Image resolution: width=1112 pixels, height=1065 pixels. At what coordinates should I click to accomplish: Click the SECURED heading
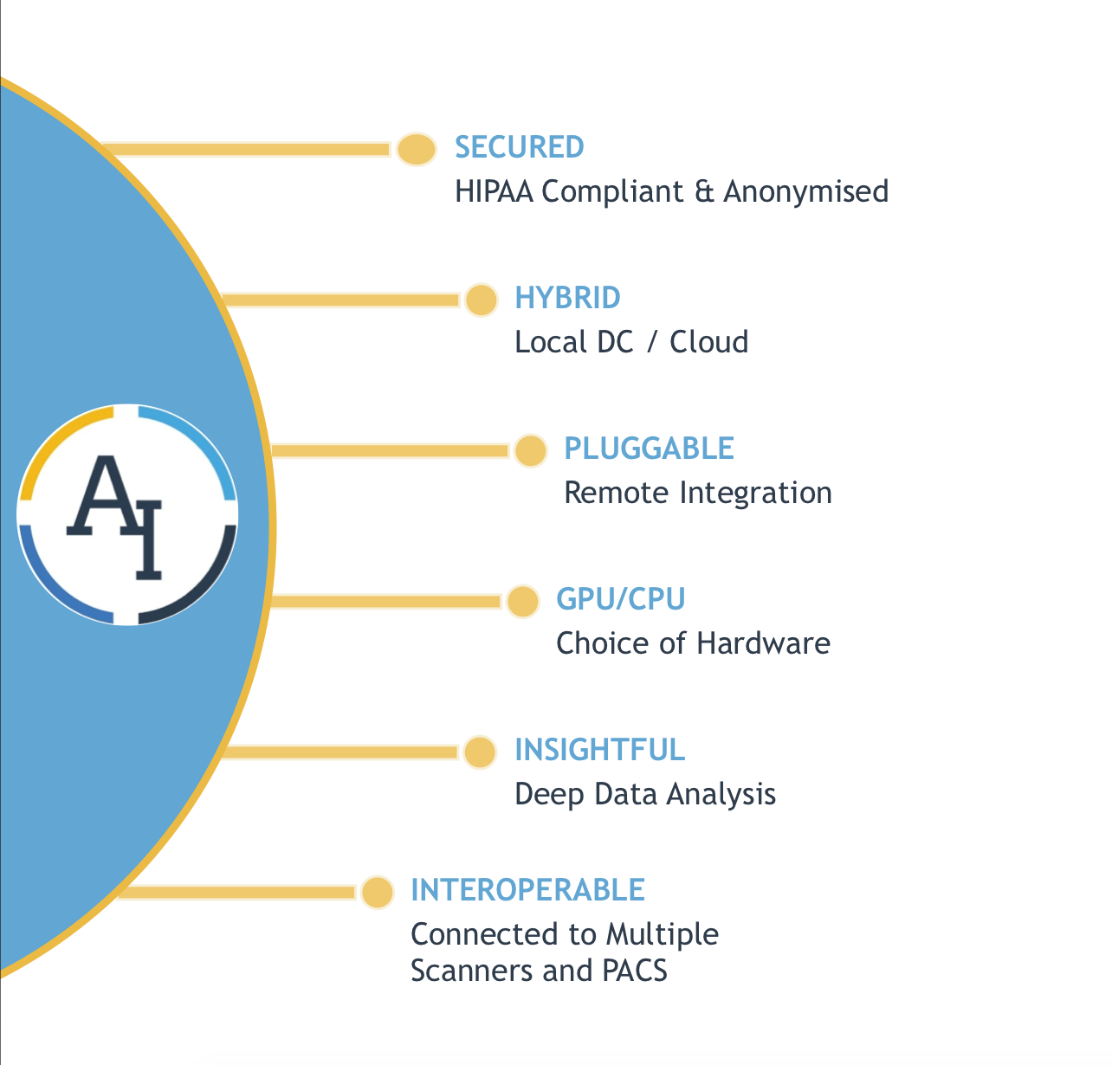point(520,147)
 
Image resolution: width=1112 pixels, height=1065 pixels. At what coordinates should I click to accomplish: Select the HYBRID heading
point(567,298)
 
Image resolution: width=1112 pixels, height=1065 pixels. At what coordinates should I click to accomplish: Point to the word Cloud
point(708,342)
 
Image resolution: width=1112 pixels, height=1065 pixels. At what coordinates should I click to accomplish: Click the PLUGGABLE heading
point(649,449)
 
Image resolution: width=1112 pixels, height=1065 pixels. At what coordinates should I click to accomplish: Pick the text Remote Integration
point(697,493)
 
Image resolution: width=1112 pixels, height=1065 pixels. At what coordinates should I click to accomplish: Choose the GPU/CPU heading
point(620,599)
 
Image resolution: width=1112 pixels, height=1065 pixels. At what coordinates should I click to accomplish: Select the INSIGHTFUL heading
point(599,750)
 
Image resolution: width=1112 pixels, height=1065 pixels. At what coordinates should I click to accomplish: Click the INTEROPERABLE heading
point(527,890)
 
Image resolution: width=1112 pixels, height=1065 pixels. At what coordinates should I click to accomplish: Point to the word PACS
point(634,971)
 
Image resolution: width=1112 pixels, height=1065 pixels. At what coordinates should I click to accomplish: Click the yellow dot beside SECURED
point(417,150)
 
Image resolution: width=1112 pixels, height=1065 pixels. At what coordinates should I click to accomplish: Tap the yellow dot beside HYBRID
point(482,300)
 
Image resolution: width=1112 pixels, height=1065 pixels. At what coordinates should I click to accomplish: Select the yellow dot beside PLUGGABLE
point(530,451)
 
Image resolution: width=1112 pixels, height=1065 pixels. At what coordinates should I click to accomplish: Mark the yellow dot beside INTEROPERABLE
point(377,893)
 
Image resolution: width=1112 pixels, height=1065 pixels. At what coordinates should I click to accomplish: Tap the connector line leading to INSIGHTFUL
point(338,752)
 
